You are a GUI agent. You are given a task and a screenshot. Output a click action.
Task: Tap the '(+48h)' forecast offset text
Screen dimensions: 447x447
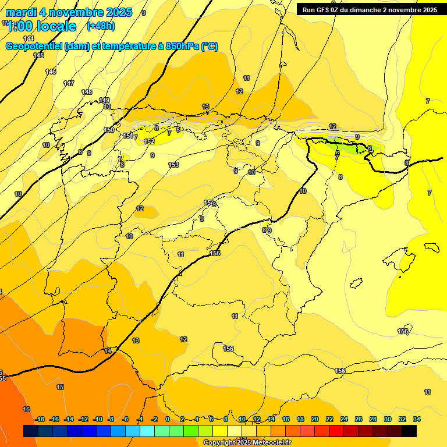pyautogui.click(x=101, y=26)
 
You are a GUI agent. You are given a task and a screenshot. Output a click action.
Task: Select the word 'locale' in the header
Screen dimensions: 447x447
pyautogui.click(x=55, y=26)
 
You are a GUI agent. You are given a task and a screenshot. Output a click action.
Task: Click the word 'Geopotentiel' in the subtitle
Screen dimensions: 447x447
pyautogui.click(x=34, y=47)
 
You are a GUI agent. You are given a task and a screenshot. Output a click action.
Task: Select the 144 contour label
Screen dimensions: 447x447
pyautogui.click(x=29, y=38)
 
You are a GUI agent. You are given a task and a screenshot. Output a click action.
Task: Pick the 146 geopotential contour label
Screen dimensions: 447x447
pyautogui.click(x=51, y=72)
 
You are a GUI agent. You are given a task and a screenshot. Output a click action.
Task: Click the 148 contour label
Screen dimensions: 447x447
pyautogui.click(x=87, y=92)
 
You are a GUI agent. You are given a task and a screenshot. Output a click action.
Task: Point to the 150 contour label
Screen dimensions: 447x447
pyautogui.click(x=109, y=130)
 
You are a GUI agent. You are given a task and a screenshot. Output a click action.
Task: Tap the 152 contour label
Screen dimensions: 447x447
pyautogui.click(x=149, y=141)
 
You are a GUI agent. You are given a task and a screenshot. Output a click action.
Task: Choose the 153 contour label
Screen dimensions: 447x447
pyautogui.click(x=173, y=165)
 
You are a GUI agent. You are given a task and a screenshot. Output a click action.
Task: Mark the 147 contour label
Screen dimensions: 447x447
pyautogui.click(x=69, y=83)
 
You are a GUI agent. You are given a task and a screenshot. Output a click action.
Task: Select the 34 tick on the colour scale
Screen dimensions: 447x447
pyautogui.click(x=417, y=419)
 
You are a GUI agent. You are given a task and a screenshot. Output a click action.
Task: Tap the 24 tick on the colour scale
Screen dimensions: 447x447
pyautogui.click(x=344, y=419)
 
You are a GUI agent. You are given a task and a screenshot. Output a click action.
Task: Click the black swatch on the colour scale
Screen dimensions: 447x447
pyautogui.click(x=409, y=431)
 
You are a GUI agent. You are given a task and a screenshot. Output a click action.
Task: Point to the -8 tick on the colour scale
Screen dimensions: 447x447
pyautogui.click(x=111, y=419)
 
